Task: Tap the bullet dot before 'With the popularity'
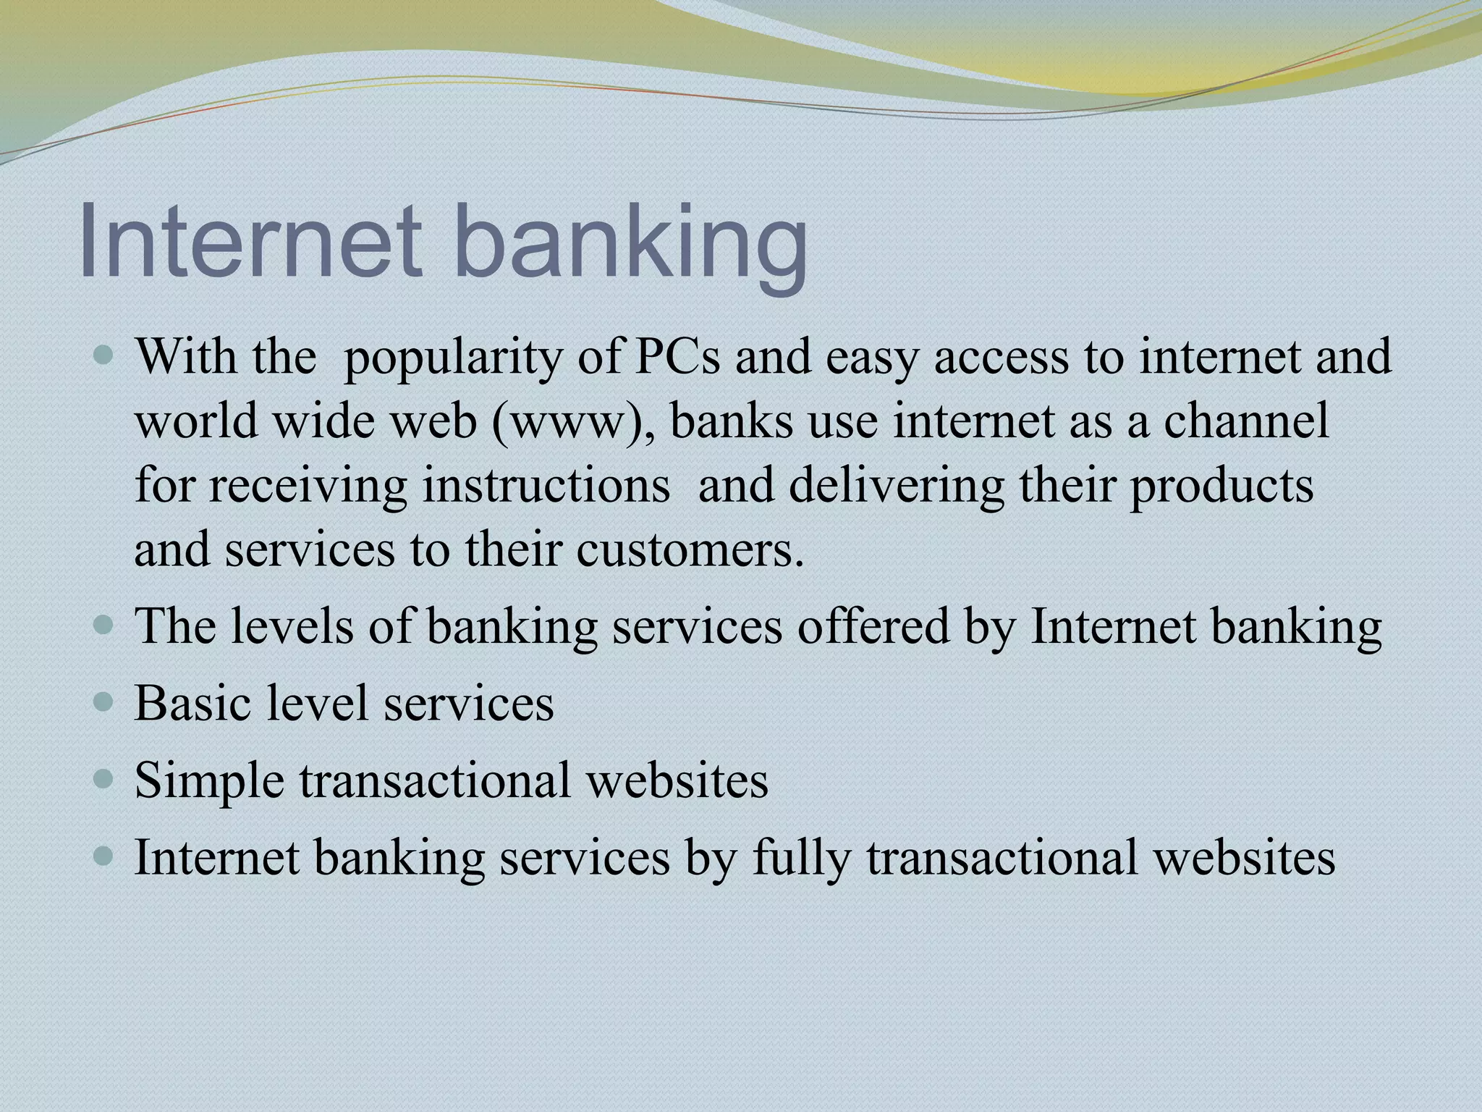(104, 355)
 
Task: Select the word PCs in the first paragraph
(677, 356)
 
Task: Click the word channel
(1246, 420)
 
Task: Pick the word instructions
(546, 484)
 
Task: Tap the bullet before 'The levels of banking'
(104, 625)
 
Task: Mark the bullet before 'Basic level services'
(104, 702)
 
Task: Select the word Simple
(209, 780)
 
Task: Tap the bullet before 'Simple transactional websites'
(104, 779)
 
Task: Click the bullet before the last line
(104, 856)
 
